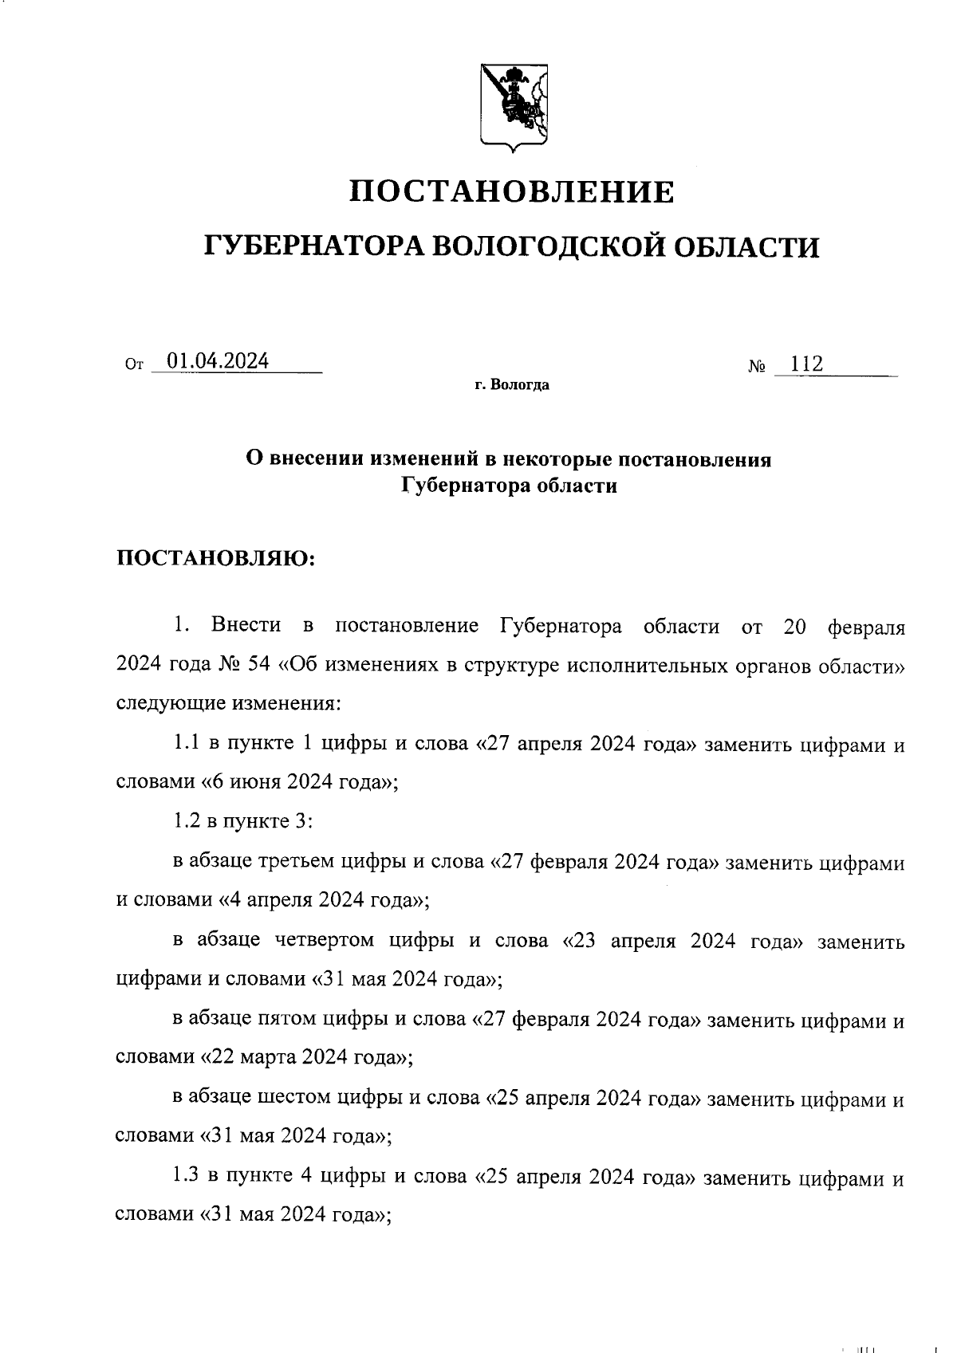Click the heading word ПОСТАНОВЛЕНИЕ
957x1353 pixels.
[513, 192]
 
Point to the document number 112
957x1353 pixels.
[806, 364]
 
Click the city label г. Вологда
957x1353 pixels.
[512, 386]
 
